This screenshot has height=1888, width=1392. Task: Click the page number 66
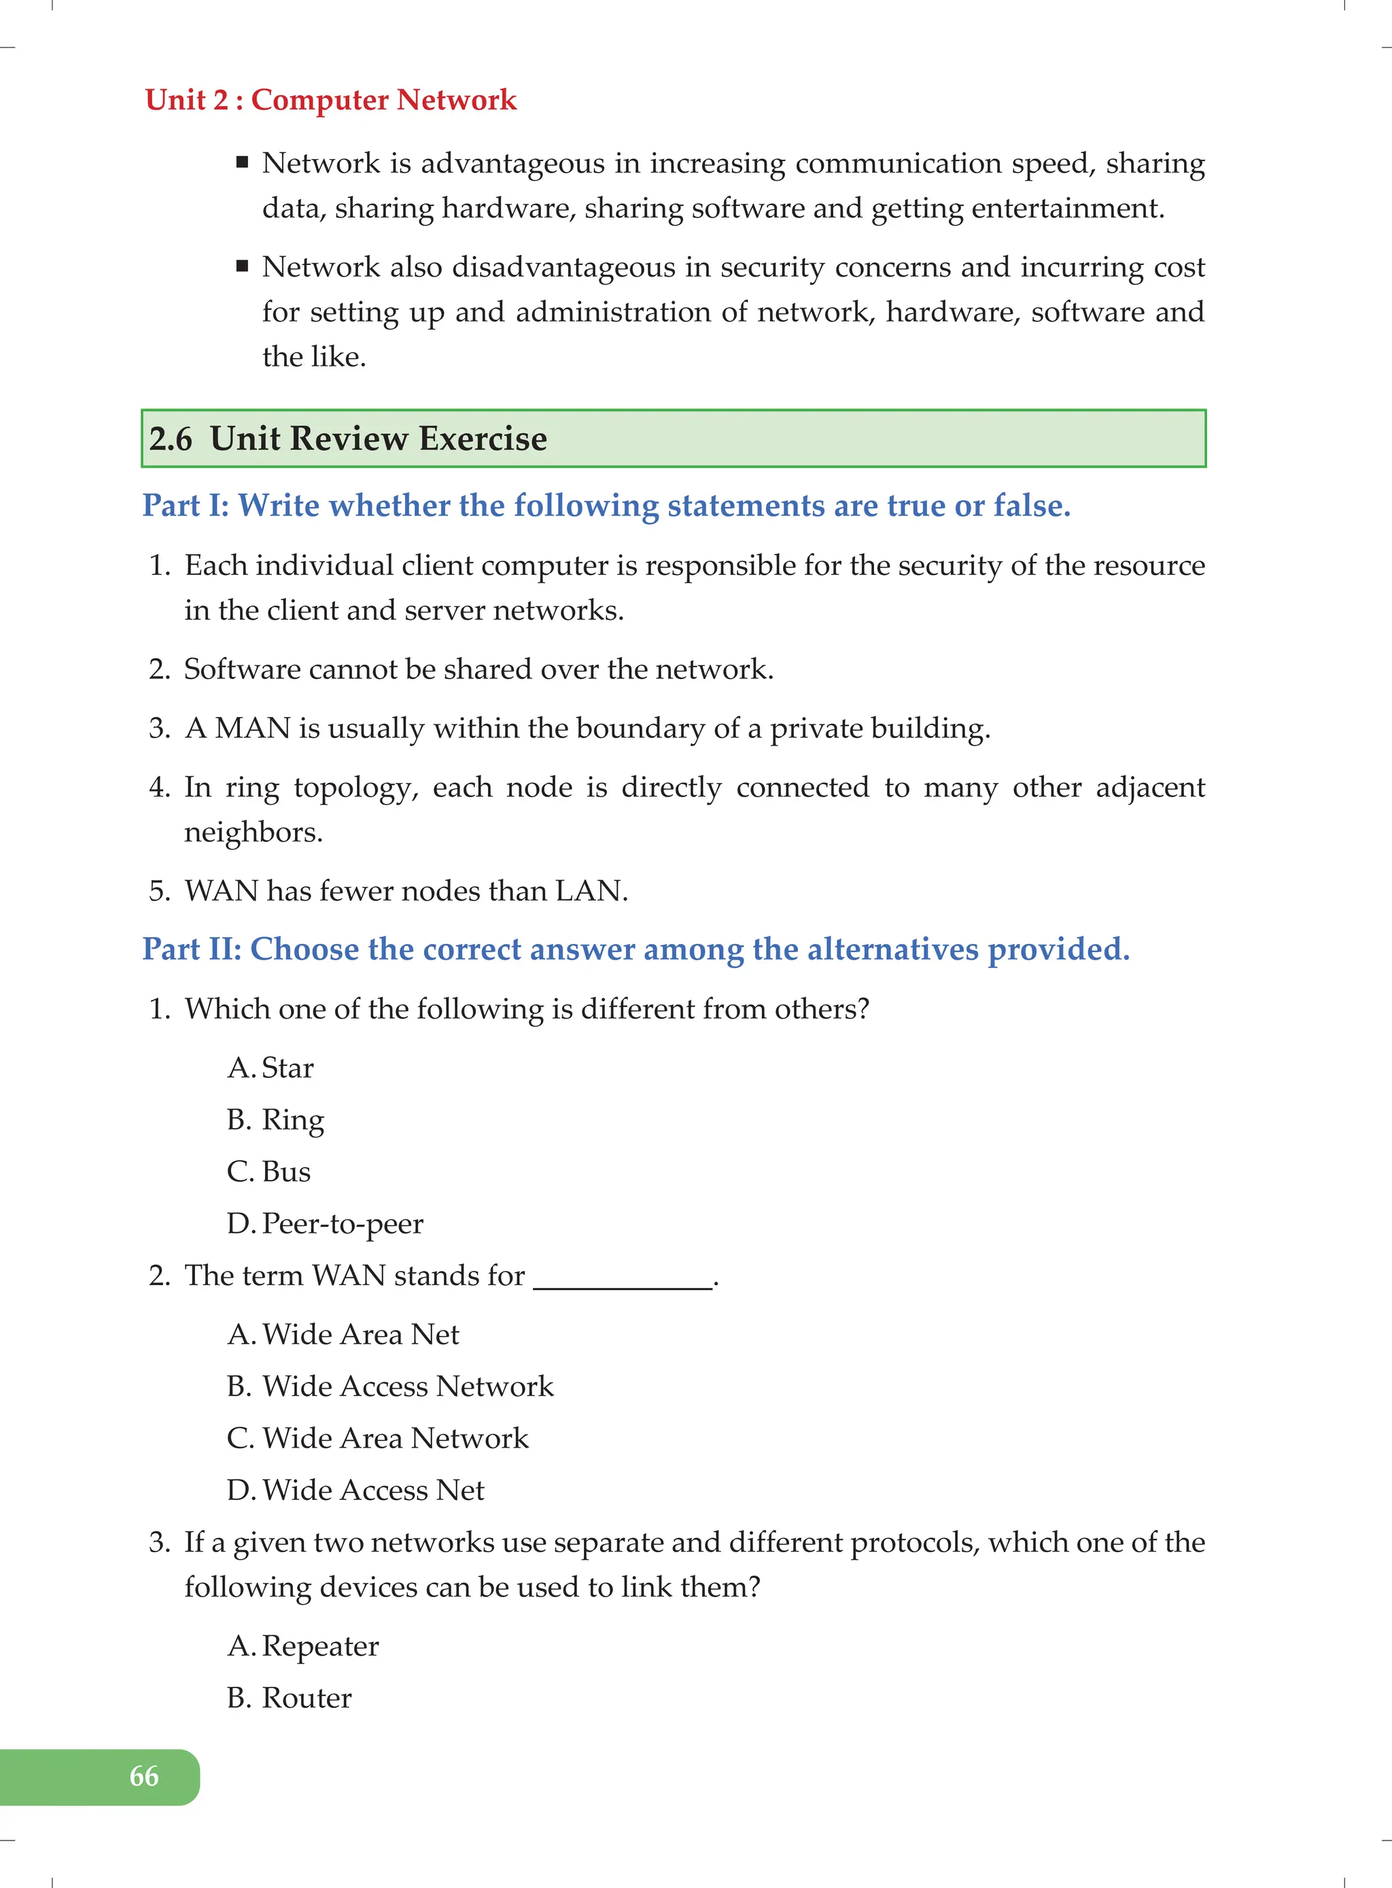[x=144, y=1776]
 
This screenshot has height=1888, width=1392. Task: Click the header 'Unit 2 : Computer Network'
[x=330, y=99]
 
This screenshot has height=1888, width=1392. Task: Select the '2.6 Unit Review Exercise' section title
[x=348, y=439]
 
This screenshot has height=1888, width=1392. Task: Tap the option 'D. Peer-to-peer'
[x=326, y=1223]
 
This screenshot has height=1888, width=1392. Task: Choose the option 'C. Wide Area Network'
[x=377, y=1438]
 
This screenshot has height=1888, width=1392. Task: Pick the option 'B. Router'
[x=289, y=1698]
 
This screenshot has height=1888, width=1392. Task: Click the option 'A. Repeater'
[x=303, y=1645]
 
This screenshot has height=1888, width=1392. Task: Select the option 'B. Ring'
[x=275, y=1119]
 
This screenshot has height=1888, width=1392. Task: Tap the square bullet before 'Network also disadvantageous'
[x=243, y=266]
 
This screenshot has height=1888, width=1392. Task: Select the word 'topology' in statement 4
[x=355, y=787]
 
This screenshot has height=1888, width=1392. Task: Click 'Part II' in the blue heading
[x=192, y=949]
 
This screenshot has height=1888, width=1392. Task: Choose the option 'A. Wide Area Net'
[x=343, y=1335]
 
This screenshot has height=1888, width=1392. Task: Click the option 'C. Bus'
[x=268, y=1172]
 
